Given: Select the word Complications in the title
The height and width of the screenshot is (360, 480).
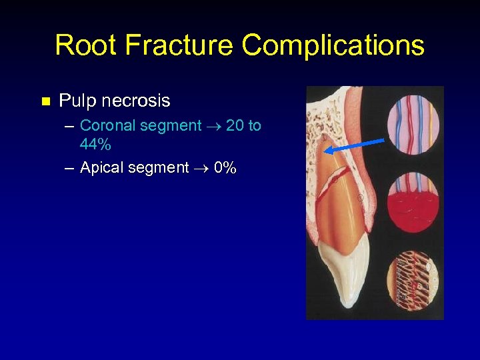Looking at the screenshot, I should pyautogui.click(x=333, y=45).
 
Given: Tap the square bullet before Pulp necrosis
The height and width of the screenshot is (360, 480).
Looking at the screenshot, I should pyautogui.click(x=45, y=102).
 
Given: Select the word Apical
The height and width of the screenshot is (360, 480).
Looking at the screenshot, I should pyautogui.click(x=99, y=167).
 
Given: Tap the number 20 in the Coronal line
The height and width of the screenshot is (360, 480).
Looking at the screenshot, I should pyautogui.click(x=235, y=125).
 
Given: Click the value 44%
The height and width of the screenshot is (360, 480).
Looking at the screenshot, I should pyautogui.click(x=95, y=145).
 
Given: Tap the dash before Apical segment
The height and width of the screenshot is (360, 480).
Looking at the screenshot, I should pyautogui.click(x=70, y=168).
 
